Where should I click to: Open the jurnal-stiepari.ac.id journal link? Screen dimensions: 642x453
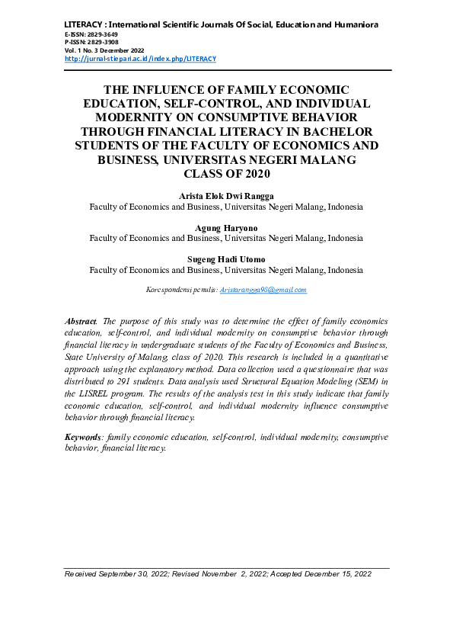(x=141, y=59)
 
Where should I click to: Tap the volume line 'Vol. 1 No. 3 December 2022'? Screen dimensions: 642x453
(x=104, y=50)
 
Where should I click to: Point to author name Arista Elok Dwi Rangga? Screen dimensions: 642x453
(x=226, y=196)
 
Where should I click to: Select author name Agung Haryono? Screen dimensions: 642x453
(x=226, y=228)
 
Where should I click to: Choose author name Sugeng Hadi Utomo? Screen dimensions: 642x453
(x=226, y=259)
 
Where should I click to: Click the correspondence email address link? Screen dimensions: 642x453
(x=263, y=290)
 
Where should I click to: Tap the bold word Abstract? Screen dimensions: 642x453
(x=81, y=323)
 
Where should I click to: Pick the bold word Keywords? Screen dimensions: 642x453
(x=83, y=438)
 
